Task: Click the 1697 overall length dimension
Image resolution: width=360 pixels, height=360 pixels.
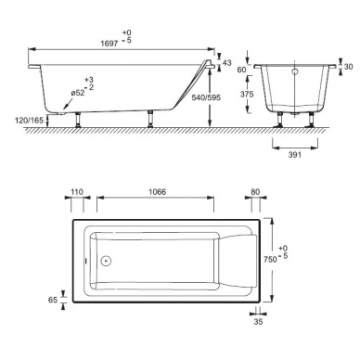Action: (x=109, y=43)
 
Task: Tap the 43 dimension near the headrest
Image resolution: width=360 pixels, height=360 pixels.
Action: (x=227, y=63)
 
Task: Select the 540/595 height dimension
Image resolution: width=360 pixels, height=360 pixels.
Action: (x=206, y=97)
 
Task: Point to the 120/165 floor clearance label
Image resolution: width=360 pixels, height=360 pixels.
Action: (x=30, y=120)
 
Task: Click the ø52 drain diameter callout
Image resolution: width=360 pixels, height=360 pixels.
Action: (x=78, y=93)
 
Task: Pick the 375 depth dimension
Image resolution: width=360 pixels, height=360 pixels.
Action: (x=247, y=94)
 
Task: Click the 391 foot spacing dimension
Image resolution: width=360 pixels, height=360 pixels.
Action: (x=295, y=155)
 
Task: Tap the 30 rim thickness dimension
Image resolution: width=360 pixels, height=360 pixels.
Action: (x=348, y=67)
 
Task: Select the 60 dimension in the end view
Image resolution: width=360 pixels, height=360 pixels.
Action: (x=241, y=70)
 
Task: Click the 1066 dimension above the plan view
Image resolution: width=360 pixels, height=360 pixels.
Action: (x=157, y=192)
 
